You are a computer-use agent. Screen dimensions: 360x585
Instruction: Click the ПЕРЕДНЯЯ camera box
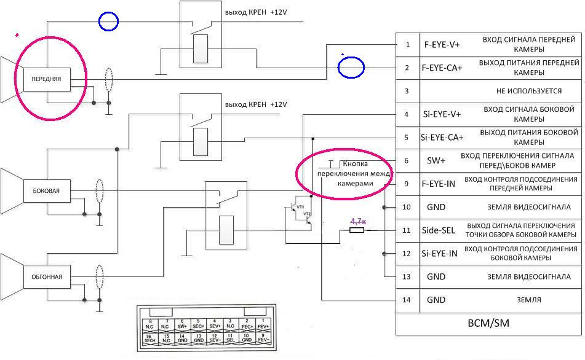tap(47, 79)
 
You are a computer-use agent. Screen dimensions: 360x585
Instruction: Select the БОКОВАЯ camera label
tap(46, 191)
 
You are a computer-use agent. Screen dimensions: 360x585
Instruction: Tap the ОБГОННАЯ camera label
tap(46, 276)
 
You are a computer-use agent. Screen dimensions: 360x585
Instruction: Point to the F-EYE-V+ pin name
tap(442, 45)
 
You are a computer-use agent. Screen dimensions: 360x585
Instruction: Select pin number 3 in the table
tap(406, 91)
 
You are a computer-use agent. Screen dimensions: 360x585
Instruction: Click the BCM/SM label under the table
tap(488, 323)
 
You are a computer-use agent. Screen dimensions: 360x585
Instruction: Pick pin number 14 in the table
tap(406, 300)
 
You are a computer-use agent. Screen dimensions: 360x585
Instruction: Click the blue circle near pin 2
tap(352, 67)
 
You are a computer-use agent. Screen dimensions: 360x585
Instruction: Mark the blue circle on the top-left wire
tap(108, 22)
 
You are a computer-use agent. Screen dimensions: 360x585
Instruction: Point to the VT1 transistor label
tap(300, 208)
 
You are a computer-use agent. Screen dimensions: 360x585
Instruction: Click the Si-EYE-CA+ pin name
tap(442, 137)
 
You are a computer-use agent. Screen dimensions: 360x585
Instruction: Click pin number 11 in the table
tap(406, 230)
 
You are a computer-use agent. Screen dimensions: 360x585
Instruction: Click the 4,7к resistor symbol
tap(356, 230)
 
